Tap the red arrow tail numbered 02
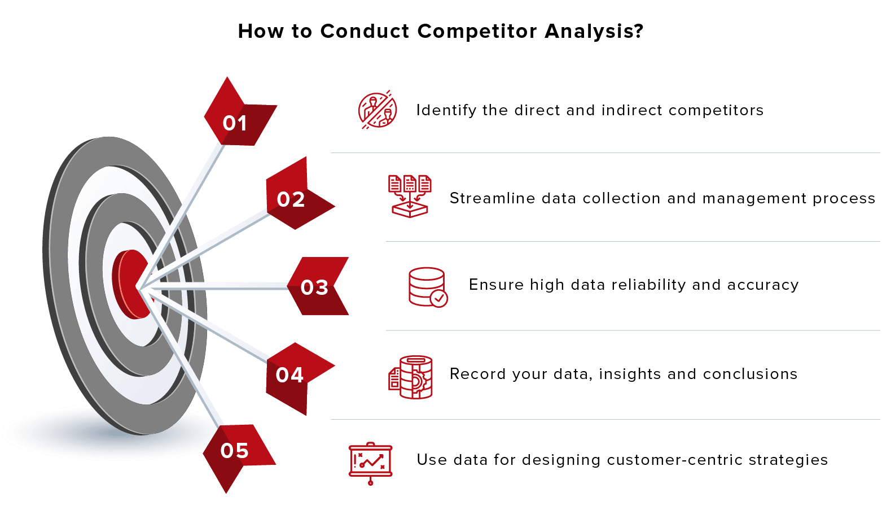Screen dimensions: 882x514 click(x=297, y=195)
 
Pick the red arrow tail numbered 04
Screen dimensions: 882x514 click(x=297, y=376)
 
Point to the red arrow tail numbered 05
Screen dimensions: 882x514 click(x=238, y=455)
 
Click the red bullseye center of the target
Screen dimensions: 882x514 click(x=132, y=284)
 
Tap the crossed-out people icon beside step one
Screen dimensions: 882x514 click(x=377, y=110)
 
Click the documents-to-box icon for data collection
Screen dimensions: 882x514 click(x=410, y=197)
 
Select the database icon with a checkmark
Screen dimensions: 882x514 click(x=428, y=287)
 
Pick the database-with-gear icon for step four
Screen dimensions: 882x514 click(x=410, y=377)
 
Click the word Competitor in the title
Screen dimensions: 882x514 click(x=477, y=31)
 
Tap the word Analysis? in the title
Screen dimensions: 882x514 click(x=594, y=31)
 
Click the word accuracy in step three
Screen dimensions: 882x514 click(x=763, y=285)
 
